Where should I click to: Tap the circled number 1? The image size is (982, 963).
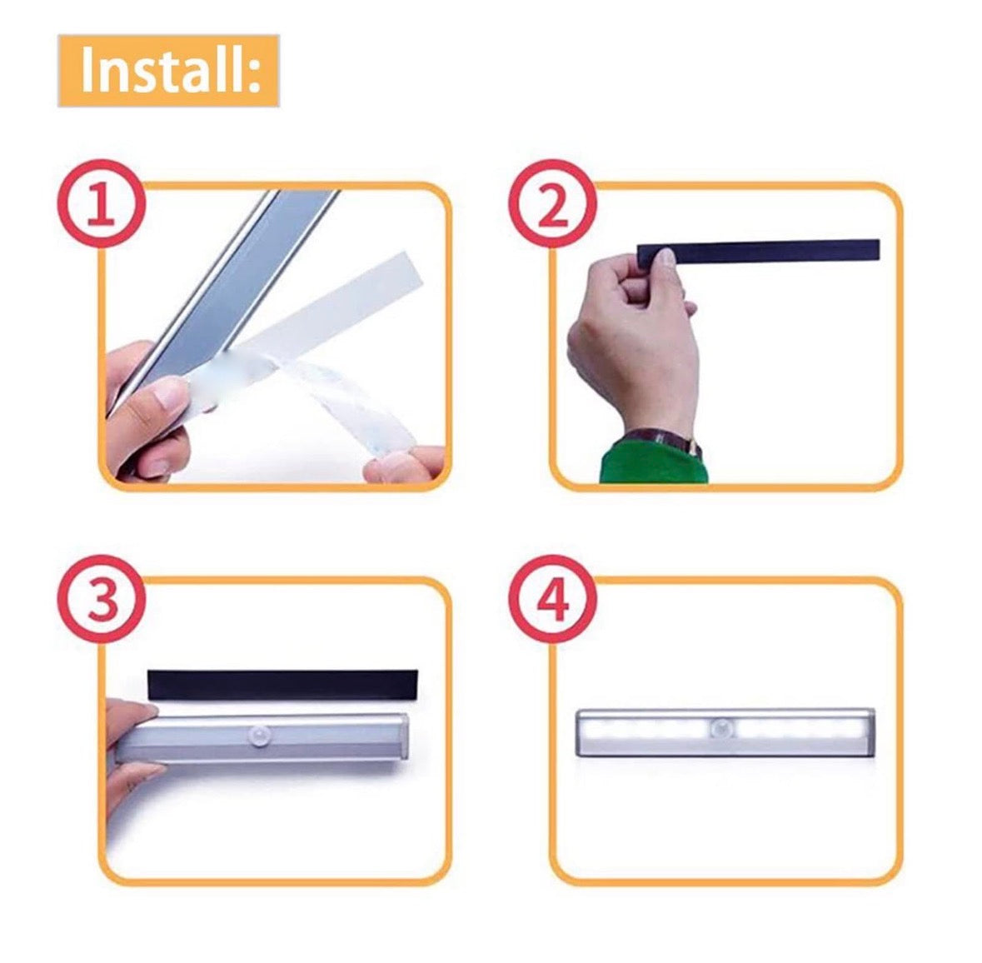[101, 204]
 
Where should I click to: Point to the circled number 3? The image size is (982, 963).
[101, 600]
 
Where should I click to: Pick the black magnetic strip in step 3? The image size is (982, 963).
[282, 684]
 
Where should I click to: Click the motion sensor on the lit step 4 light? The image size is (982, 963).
[721, 730]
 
